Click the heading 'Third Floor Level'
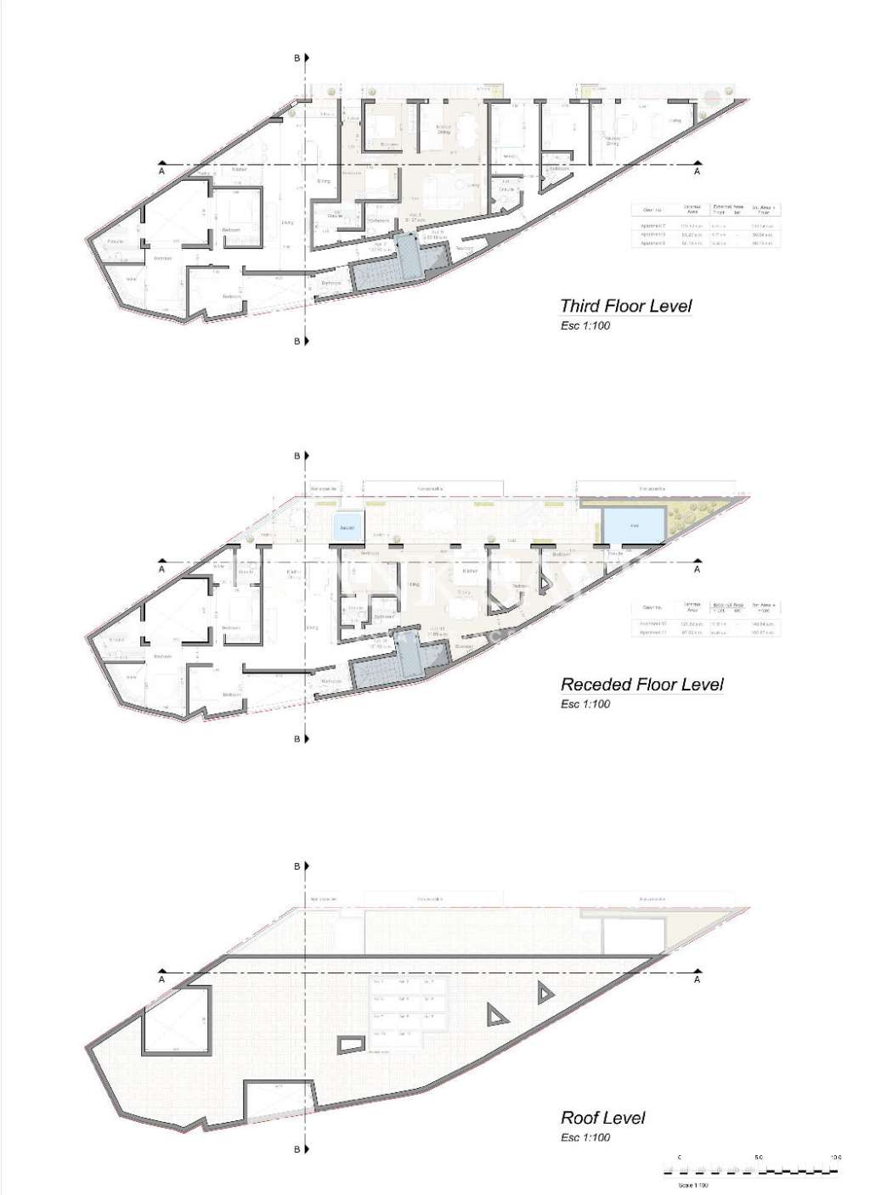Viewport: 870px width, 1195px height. click(x=626, y=306)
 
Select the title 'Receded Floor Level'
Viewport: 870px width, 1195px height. click(x=641, y=684)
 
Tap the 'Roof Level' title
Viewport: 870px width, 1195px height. click(x=602, y=1118)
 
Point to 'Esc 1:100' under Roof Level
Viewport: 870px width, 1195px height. click(x=585, y=1137)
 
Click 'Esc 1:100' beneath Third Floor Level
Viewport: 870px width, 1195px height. click(x=585, y=326)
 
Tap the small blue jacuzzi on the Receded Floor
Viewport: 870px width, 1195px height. click(x=347, y=527)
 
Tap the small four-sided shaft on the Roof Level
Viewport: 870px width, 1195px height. click(x=351, y=1044)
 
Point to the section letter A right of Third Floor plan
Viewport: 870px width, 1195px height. click(x=698, y=172)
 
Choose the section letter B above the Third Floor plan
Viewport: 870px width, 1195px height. click(x=297, y=58)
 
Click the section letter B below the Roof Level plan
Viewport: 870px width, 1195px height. click(x=297, y=1149)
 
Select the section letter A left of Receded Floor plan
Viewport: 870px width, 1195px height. click(x=161, y=570)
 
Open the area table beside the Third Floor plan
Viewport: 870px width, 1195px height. click(x=705, y=225)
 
